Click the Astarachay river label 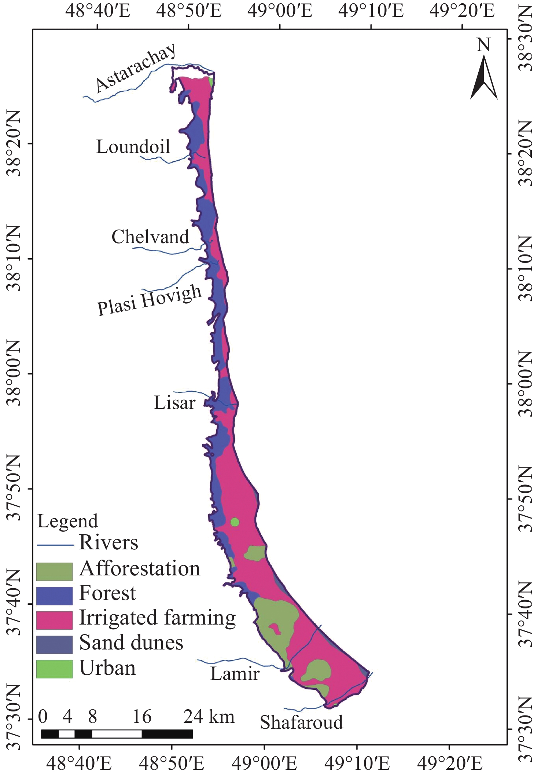point(136,68)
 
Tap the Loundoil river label point(133,147)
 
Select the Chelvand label point(150,237)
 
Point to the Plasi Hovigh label point(150,300)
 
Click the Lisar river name point(174,403)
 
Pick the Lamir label point(235,673)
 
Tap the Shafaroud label point(301,722)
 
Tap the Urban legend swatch point(54,669)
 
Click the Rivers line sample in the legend point(55,545)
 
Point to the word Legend point(68,521)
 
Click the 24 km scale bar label point(209,716)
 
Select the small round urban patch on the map point(235,522)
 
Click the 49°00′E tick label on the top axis point(280,11)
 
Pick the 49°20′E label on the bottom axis point(450,764)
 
